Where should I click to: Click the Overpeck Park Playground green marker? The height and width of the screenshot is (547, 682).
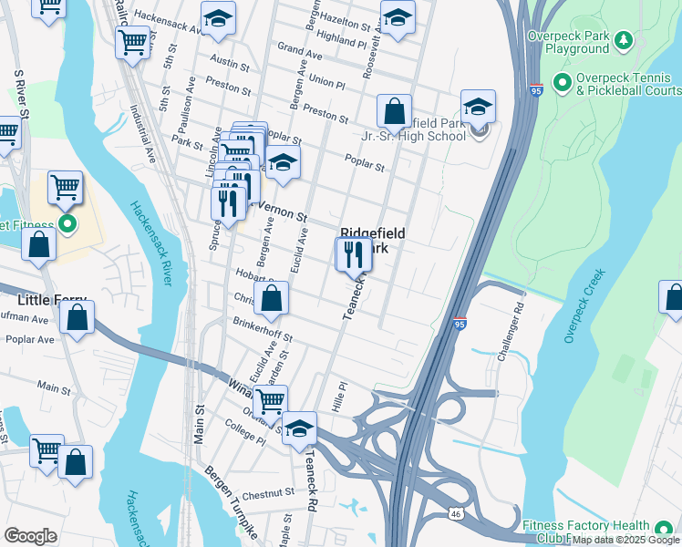tap(624, 39)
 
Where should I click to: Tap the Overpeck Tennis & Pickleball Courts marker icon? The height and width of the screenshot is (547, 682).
tap(562, 83)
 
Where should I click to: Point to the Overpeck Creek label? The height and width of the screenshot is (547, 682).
tap(584, 305)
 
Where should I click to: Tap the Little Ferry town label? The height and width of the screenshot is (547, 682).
tap(52, 300)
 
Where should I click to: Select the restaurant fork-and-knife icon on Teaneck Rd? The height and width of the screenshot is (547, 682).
tap(354, 254)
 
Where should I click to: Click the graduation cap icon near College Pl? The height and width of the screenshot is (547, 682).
tap(299, 428)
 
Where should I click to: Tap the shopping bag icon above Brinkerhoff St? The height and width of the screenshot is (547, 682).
tap(271, 298)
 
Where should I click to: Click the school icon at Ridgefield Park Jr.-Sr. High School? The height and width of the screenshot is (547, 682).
tap(478, 107)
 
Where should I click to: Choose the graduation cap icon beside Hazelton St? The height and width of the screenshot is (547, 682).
tap(398, 17)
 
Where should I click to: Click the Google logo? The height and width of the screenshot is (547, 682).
tap(30, 535)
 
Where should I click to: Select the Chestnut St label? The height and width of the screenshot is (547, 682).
tap(269, 493)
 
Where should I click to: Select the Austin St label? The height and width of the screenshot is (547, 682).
tap(230, 63)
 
